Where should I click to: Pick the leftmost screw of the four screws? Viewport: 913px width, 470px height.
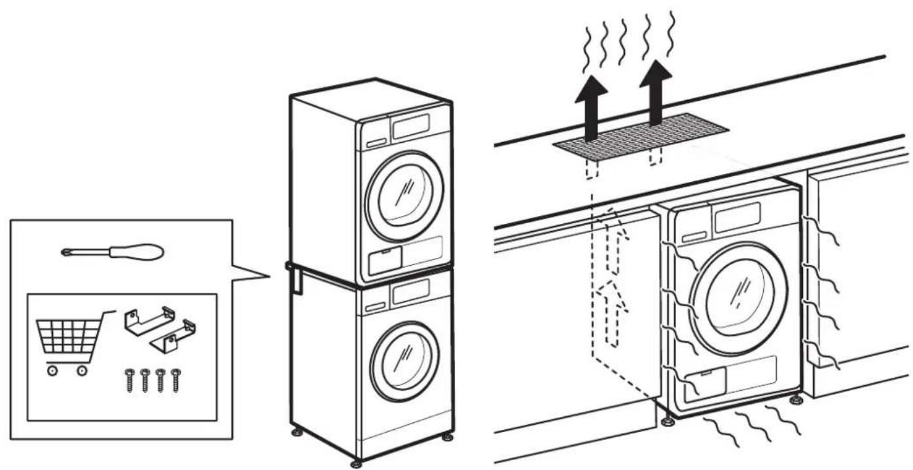(x=130, y=380)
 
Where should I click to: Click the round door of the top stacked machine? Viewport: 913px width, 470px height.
(x=404, y=189)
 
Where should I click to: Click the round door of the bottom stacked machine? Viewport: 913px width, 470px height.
(x=404, y=354)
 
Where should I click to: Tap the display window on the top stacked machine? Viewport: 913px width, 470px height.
(x=410, y=126)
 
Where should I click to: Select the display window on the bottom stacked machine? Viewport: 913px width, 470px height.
(x=410, y=293)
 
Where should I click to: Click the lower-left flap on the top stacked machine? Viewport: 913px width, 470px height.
(x=385, y=261)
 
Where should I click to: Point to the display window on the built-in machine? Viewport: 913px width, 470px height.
(x=737, y=217)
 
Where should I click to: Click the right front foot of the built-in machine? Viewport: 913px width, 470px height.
(x=796, y=399)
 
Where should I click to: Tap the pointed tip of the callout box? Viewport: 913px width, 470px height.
(x=268, y=276)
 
